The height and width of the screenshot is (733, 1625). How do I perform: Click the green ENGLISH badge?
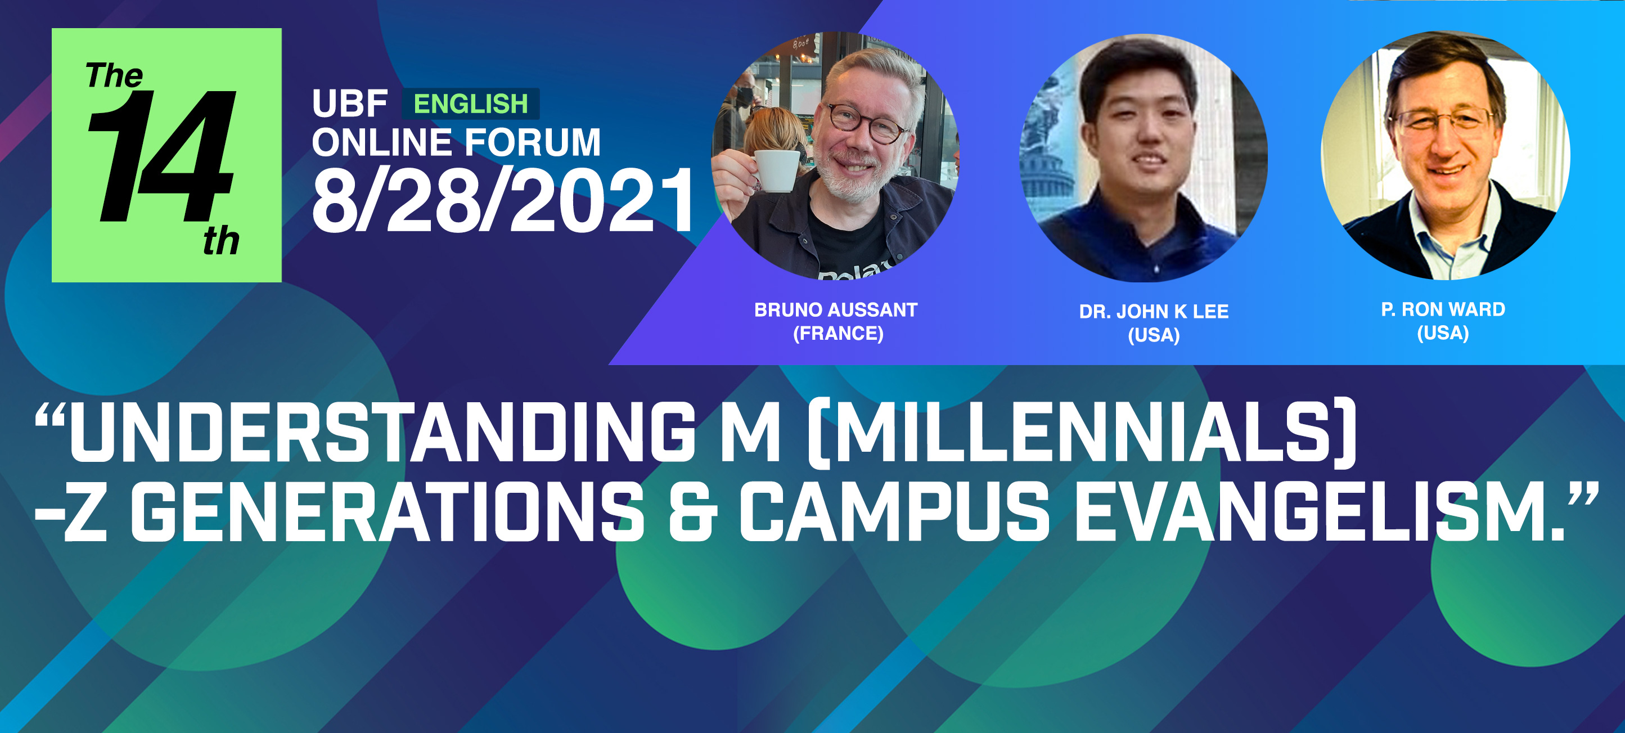[471, 104]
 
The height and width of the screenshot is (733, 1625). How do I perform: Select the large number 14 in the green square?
[161, 156]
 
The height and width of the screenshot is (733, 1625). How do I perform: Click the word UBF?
[349, 104]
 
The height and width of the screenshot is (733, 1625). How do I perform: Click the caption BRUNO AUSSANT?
[836, 310]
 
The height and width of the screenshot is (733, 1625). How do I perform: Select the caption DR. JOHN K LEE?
[1154, 312]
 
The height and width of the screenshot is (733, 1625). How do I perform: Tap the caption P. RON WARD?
[1443, 309]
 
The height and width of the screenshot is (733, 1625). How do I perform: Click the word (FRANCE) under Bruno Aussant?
[838, 333]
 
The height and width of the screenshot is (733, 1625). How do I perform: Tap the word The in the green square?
[114, 76]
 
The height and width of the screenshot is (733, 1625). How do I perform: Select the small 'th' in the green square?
[222, 241]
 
